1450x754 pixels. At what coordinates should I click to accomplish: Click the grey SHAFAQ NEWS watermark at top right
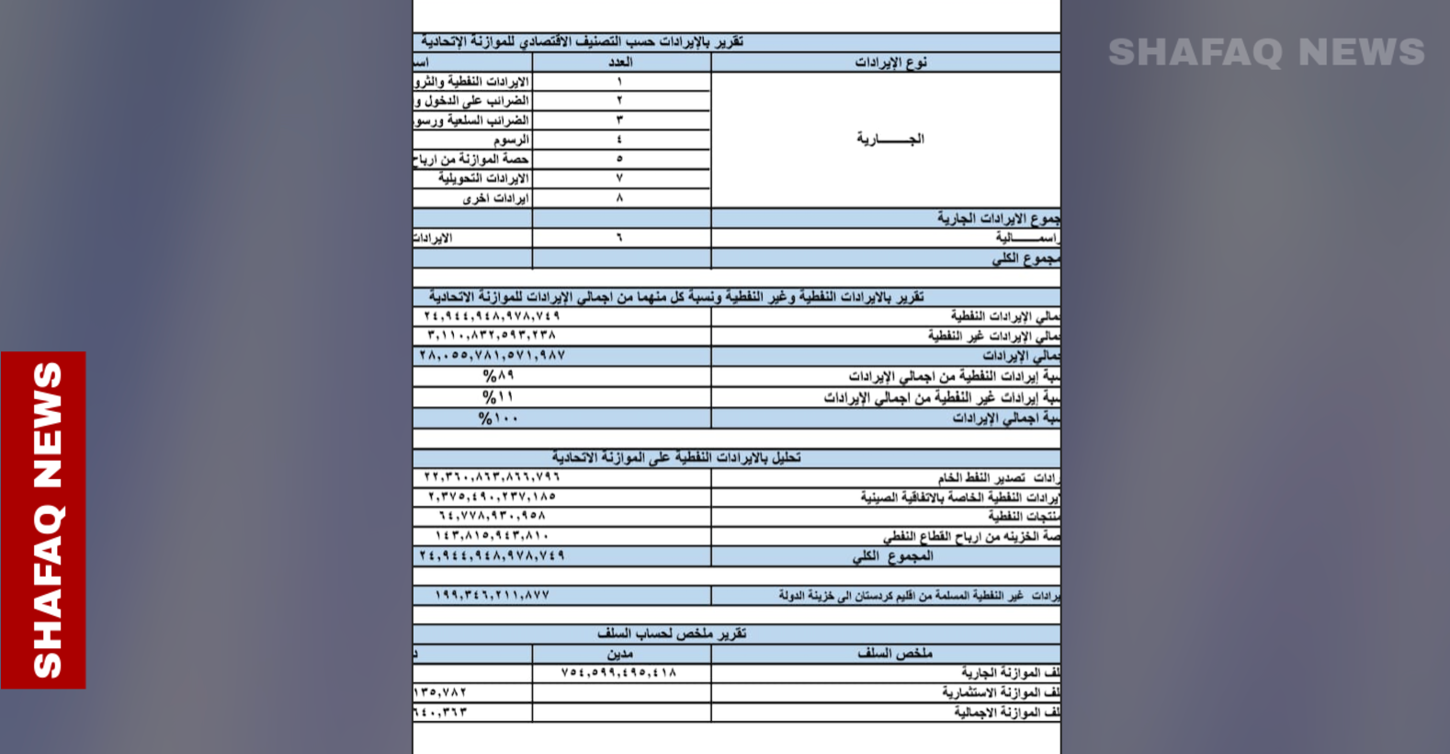click(x=1265, y=52)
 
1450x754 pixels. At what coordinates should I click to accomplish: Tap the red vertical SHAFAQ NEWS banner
click(x=45, y=520)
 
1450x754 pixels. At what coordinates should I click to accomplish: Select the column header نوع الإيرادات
click(x=890, y=63)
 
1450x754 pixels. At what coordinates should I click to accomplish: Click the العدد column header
click(x=620, y=63)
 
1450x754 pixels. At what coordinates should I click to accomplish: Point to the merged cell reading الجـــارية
click(x=889, y=140)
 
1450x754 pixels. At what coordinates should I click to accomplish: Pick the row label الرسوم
click(x=511, y=140)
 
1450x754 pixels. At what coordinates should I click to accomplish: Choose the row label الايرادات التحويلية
click(x=483, y=178)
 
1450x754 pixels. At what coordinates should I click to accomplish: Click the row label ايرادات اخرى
click(x=495, y=199)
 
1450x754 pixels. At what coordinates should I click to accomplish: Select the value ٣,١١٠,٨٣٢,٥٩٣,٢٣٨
click(x=492, y=336)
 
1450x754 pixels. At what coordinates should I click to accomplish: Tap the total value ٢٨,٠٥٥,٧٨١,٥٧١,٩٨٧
click(x=492, y=356)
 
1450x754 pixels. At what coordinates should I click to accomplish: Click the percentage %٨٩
click(x=498, y=376)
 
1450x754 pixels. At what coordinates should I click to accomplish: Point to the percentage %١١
click(x=498, y=397)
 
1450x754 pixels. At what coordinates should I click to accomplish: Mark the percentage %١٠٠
click(x=498, y=418)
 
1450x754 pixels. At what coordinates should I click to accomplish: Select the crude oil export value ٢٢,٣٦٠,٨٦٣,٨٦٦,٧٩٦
click(x=492, y=477)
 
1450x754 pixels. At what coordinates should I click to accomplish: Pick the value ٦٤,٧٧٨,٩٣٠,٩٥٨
click(x=492, y=516)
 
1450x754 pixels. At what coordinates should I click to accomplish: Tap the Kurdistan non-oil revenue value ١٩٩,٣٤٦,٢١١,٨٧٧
click(x=492, y=596)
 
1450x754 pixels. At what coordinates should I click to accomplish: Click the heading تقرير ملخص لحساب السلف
click(x=672, y=634)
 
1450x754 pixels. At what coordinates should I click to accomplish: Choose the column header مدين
click(x=620, y=654)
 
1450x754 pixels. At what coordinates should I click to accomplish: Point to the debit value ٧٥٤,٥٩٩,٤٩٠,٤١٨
click(x=618, y=673)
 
